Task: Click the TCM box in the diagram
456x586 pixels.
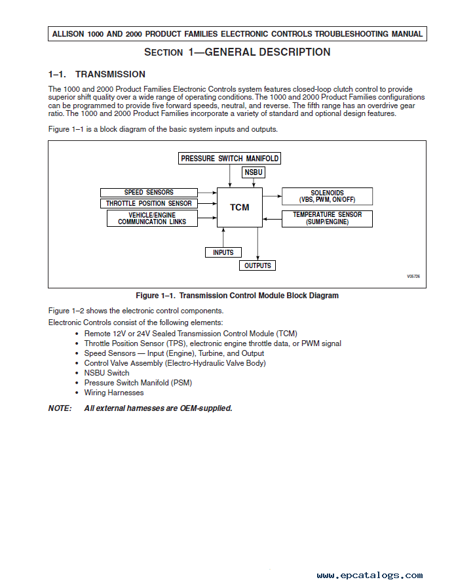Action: click(240, 207)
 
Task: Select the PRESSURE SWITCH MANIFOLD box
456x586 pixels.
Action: click(230, 159)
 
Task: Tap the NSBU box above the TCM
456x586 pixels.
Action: click(253, 172)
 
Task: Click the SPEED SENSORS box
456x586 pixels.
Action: click(149, 193)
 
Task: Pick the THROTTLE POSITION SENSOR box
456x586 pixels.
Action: click(149, 203)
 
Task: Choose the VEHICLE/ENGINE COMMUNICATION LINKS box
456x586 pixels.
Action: click(152, 218)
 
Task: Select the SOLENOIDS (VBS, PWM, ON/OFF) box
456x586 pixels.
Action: click(327, 196)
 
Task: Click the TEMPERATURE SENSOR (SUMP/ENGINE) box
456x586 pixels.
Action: click(327, 218)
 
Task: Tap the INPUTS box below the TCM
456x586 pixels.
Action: click(223, 252)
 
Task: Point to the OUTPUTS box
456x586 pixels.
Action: click(257, 265)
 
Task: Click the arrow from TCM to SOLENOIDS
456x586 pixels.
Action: click(272, 196)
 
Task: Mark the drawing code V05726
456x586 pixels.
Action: click(413, 277)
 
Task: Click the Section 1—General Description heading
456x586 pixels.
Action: click(237, 52)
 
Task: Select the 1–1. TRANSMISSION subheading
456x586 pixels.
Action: click(97, 74)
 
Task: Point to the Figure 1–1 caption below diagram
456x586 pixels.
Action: click(237, 296)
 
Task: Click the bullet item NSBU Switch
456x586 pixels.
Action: click(107, 373)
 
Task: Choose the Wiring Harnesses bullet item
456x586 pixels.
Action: click(114, 393)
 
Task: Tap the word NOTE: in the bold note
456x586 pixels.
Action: click(60, 408)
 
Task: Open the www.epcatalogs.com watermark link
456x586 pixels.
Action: click(370, 575)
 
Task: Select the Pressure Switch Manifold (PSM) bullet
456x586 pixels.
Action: click(138, 383)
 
